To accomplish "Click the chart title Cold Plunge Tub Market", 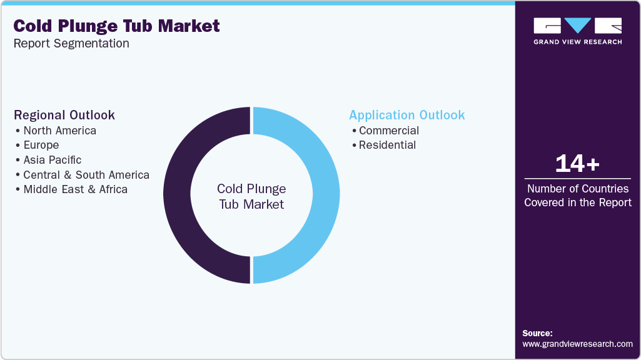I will (117, 26).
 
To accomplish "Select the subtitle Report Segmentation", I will (71, 44).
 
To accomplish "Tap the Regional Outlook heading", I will (64, 115).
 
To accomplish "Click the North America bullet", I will (59, 131).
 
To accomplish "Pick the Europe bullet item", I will (41, 145).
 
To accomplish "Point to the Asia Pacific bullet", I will (53, 160).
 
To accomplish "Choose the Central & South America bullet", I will (86, 175).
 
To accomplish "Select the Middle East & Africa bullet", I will (75, 189).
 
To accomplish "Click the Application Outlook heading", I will (407, 115).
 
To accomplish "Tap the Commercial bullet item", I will (389, 131).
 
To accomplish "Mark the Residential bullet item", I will (387, 145).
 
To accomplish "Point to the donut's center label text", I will (251, 196).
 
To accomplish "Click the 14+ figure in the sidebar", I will (577, 164).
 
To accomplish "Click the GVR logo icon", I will (577, 26).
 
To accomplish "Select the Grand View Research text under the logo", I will (577, 42).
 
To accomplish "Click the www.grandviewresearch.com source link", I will (577, 344).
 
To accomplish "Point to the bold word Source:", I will (537, 333).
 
